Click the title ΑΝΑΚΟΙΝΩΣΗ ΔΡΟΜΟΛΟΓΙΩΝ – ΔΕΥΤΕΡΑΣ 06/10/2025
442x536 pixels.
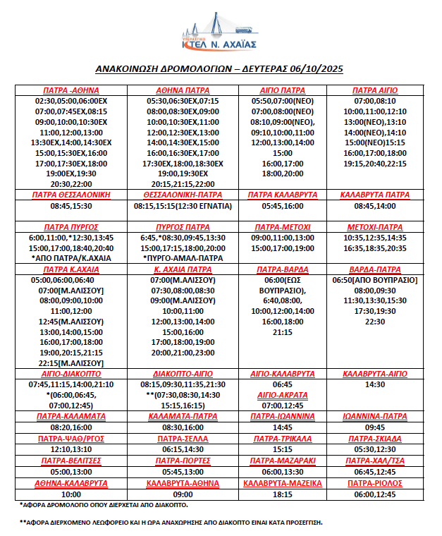219,69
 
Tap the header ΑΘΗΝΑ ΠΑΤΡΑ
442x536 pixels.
183,91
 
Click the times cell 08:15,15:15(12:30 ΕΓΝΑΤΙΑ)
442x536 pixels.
183,207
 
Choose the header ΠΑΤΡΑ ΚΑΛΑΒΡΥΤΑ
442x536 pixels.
283,194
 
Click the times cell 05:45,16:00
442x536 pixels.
283,207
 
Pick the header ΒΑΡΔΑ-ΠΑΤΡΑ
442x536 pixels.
375,269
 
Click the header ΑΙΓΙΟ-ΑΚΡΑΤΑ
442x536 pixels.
282,396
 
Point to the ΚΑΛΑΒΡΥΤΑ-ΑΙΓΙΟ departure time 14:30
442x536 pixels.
375,385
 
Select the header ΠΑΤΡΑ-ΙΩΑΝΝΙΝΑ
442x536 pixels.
282,417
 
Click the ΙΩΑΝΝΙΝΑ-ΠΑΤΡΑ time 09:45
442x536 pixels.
375,427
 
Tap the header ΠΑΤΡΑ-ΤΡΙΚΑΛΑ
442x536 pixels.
282,439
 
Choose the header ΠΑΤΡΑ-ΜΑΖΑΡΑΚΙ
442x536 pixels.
282,461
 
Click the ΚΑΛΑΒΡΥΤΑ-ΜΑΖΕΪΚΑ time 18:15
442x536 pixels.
282,494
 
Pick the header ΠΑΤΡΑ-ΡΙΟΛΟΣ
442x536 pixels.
375,483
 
